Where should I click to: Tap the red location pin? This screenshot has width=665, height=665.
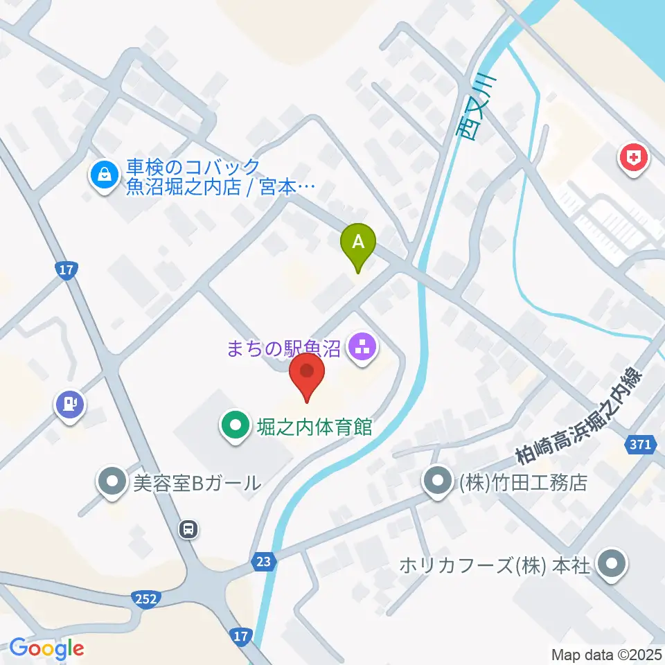[x=306, y=373]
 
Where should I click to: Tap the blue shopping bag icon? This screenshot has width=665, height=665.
[x=103, y=175]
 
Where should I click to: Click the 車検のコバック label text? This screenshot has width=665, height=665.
[x=193, y=168]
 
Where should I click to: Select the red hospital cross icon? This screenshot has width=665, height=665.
[x=633, y=159]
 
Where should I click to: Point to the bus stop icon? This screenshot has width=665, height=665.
[x=188, y=530]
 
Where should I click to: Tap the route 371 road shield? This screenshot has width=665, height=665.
[x=641, y=445]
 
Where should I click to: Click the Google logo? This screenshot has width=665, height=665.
[x=46, y=649]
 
